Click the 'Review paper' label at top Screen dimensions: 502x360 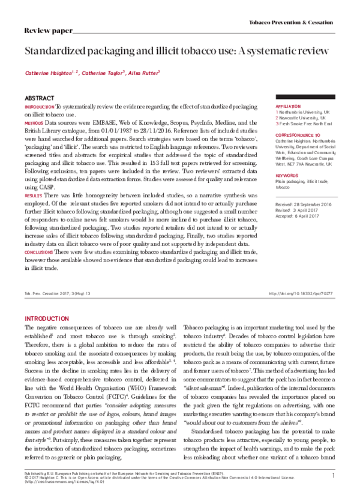coord(48,29)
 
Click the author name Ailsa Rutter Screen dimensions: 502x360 coord(142,74)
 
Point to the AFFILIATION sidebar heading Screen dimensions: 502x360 coord(289,106)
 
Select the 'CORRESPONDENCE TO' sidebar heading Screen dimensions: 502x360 coord(297,136)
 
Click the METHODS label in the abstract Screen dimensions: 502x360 coord(34,123)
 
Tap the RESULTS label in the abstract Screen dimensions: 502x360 coord(33,196)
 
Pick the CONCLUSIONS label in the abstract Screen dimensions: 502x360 coord(38,252)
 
